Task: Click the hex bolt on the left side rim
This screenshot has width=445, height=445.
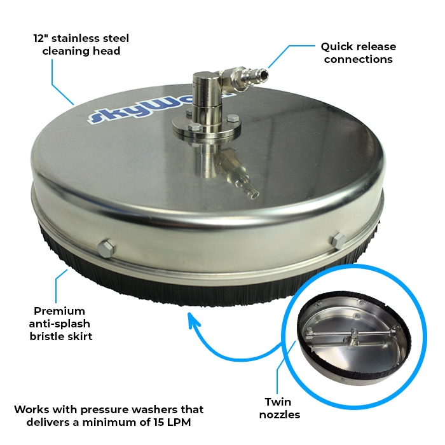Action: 106,249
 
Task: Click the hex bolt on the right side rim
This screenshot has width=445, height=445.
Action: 339,241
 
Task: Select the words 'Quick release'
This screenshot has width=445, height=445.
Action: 359,46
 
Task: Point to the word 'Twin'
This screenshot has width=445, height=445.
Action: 278,402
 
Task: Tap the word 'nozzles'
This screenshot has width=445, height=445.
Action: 280,414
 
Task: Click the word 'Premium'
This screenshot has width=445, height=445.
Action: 59,311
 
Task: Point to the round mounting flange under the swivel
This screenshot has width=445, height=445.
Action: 207,127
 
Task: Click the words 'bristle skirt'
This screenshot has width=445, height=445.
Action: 61,336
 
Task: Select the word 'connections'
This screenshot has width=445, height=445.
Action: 359,59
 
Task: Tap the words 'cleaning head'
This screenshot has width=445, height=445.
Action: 81,51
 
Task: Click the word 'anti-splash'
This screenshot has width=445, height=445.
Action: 60,324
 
